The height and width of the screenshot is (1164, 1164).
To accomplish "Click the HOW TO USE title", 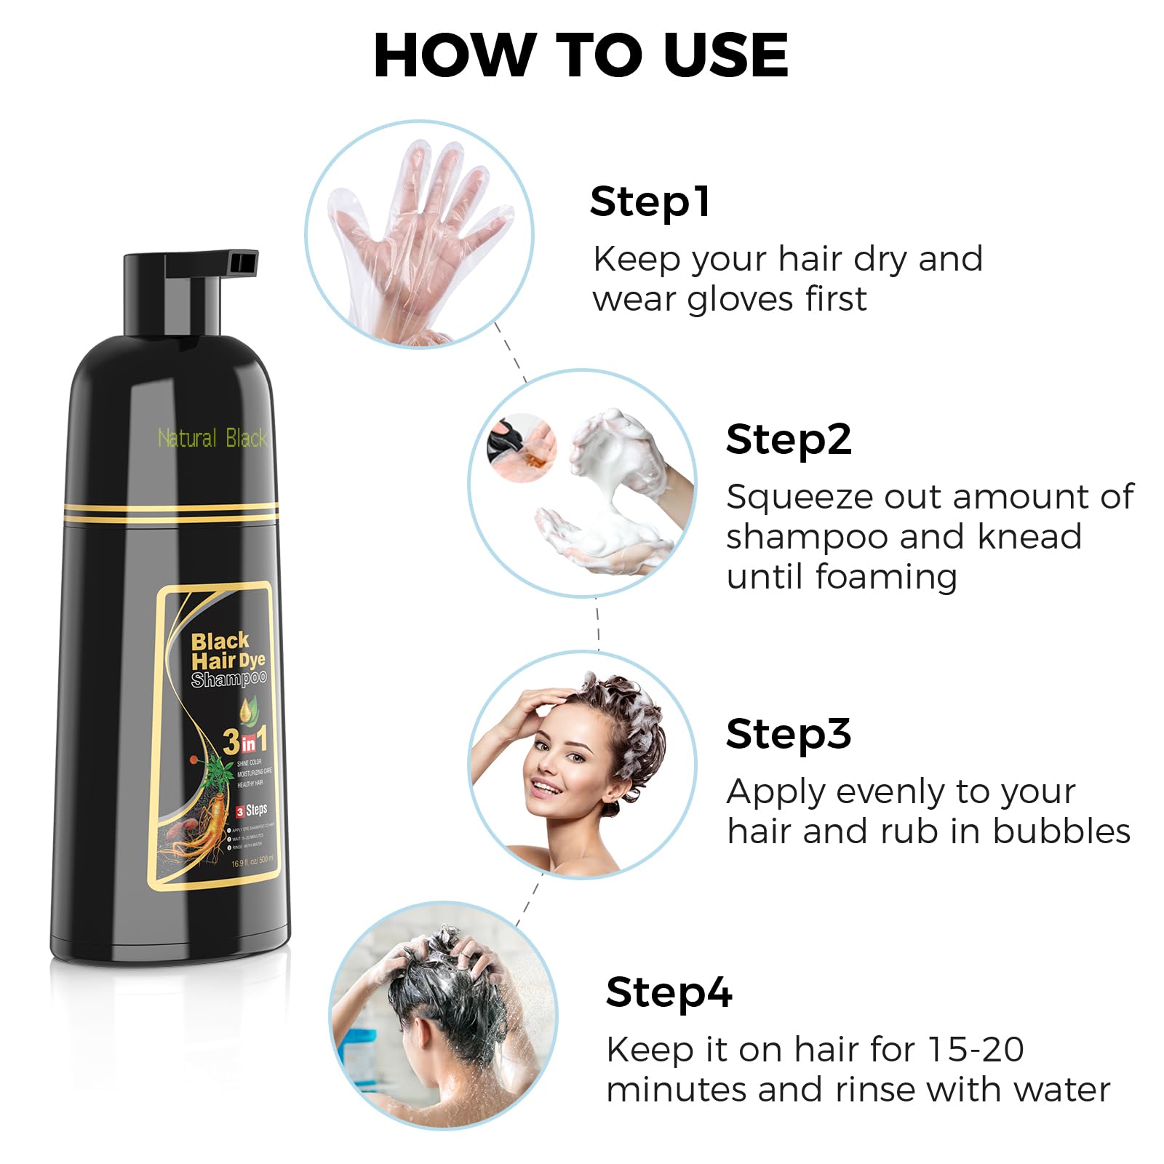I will [x=581, y=55].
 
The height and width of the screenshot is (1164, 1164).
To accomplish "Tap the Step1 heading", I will [x=650, y=202].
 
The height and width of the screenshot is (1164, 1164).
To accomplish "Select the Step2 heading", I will [x=789, y=439].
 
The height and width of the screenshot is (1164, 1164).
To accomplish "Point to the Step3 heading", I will [x=789, y=733].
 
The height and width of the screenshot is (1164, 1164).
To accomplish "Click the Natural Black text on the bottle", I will [x=212, y=438].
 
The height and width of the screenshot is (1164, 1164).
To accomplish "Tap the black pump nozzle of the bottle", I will [x=211, y=263].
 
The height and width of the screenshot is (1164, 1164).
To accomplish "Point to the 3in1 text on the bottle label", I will [x=245, y=741].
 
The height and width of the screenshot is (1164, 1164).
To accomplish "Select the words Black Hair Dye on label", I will [x=227, y=651].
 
